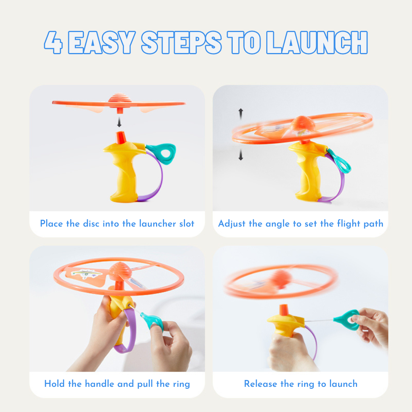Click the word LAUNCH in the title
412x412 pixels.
click(317, 43)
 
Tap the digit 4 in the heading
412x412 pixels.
click(53, 43)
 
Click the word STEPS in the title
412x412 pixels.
click(182, 43)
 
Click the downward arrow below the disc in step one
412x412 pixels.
click(119, 122)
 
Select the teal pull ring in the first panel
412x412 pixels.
click(161, 153)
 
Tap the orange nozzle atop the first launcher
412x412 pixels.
click(121, 138)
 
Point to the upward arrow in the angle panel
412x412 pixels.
click(241, 114)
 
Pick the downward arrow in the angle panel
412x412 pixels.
click(241, 154)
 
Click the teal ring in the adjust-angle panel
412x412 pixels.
click(340, 161)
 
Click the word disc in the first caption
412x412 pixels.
click(91, 224)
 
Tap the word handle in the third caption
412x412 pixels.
click(99, 384)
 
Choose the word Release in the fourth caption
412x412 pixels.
click(261, 384)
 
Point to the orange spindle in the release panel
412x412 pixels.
click(284, 310)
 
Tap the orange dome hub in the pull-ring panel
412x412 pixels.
click(120, 272)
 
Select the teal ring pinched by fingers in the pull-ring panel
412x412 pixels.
click(152, 321)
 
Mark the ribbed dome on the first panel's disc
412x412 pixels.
click(120, 98)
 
